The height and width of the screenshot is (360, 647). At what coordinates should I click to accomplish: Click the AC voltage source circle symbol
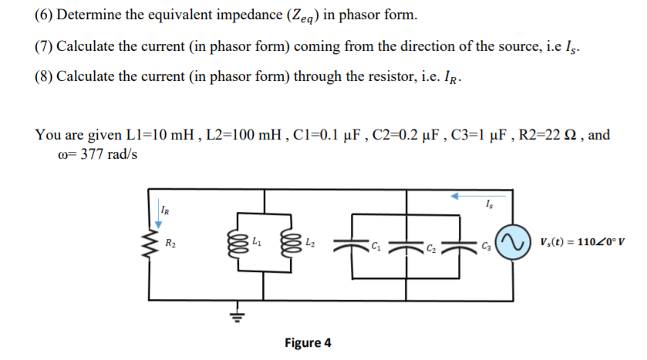513,244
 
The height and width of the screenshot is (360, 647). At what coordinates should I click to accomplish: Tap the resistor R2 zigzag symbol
150,245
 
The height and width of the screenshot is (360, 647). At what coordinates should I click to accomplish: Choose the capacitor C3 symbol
465,244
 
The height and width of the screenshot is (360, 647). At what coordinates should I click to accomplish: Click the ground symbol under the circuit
238,315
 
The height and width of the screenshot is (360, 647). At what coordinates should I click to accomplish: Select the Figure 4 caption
308,342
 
